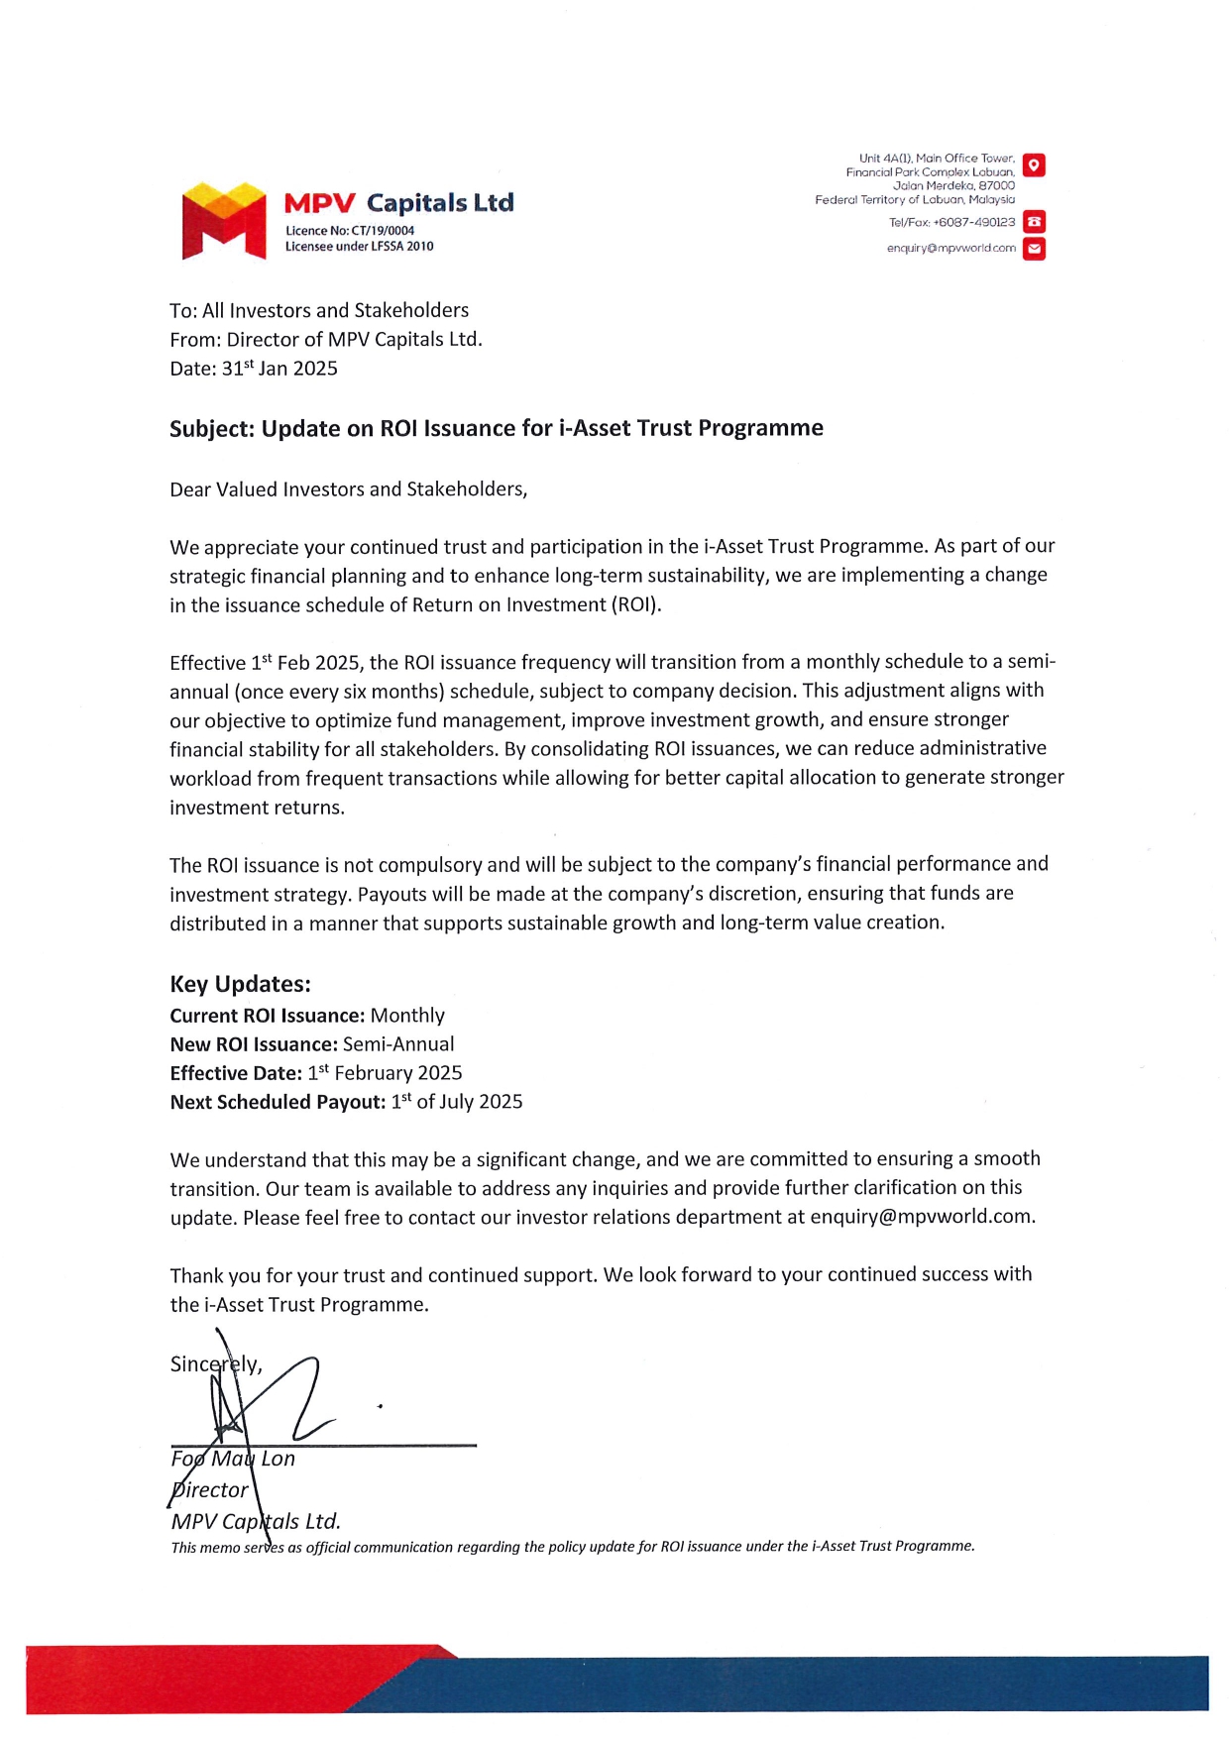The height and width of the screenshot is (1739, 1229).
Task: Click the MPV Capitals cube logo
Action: click(x=224, y=220)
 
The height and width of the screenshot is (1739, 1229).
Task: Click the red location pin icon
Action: click(x=1034, y=165)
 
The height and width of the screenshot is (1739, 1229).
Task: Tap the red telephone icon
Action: click(x=1034, y=222)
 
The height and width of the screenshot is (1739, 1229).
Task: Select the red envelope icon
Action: click(x=1034, y=249)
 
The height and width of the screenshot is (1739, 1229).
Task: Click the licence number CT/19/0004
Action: click(x=383, y=231)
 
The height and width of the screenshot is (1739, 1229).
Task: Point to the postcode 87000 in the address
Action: click(x=996, y=185)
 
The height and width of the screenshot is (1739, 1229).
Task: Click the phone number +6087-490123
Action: click(x=974, y=223)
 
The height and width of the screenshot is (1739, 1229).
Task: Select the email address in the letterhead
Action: click(x=950, y=249)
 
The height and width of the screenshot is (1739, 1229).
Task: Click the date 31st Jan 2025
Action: click(x=279, y=369)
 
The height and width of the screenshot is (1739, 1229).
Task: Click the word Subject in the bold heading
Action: click(x=211, y=429)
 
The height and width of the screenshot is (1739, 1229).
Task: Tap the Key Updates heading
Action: click(x=240, y=984)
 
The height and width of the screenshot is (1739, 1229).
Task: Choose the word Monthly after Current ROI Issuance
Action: click(x=407, y=1016)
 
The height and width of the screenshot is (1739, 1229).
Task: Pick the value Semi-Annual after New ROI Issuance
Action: click(x=398, y=1044)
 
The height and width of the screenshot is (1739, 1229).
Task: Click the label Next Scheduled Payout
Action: click(x=278, y=1102)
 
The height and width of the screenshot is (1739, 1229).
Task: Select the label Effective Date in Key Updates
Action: click(x=236, y=1073)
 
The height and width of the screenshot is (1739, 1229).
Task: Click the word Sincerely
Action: click(x=214, y=1364)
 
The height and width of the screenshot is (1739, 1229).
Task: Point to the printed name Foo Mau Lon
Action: click(x=233, y=1459)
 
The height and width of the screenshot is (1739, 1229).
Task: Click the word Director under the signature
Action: click(x=209, y=1489)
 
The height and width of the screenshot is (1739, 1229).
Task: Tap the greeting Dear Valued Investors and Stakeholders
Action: click(x=348, y=489)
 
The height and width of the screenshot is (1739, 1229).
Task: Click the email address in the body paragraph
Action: click(x=921, y=1217)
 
